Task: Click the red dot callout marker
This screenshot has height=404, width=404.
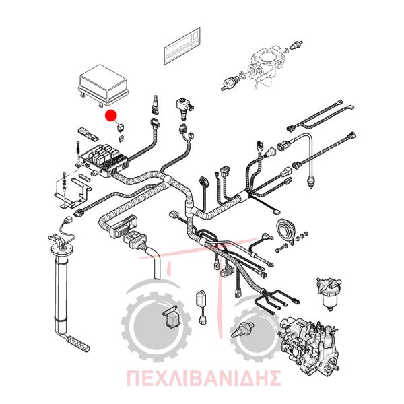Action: coord(111,115)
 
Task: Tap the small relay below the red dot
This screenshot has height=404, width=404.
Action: coord(121,128)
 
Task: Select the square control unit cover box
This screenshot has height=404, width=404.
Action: coord(103,86)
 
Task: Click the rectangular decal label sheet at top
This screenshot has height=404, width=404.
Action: coord(182,46)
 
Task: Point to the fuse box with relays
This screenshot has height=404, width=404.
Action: coord(104,160)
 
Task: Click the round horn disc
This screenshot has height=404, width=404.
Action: coord(285,230)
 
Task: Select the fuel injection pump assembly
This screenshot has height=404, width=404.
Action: coord(310,345)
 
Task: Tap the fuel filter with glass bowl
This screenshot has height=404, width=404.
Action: coord(328,294)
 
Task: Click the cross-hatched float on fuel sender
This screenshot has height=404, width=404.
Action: coord(78,343)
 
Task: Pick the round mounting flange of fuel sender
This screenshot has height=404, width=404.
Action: coord(61,249)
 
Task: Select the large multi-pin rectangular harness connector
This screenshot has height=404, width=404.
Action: coord(124,226)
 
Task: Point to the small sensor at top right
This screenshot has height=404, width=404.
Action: coord(296,45)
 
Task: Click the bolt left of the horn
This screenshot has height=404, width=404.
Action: coord(281,248)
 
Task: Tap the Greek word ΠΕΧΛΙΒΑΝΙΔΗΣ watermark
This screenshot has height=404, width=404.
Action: coord(203,378)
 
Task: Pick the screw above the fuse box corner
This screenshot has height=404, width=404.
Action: coord(78,148)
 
